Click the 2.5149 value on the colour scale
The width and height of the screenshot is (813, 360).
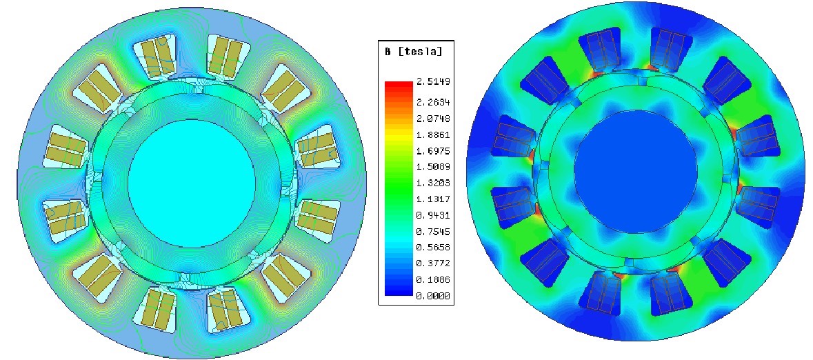click(432, 82)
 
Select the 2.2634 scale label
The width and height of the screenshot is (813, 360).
click(432, 101)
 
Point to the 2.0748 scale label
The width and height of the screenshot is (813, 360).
click(432, 118)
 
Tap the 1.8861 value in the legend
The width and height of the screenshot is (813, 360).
click(432, 135)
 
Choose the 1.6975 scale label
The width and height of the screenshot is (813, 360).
click(432, 151)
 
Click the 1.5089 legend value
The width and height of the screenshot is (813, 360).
click(432, 167)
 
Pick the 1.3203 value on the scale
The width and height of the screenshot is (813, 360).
click(432, 183)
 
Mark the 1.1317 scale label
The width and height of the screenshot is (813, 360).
click(432, 199)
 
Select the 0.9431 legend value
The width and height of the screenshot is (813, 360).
click(432, 215)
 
